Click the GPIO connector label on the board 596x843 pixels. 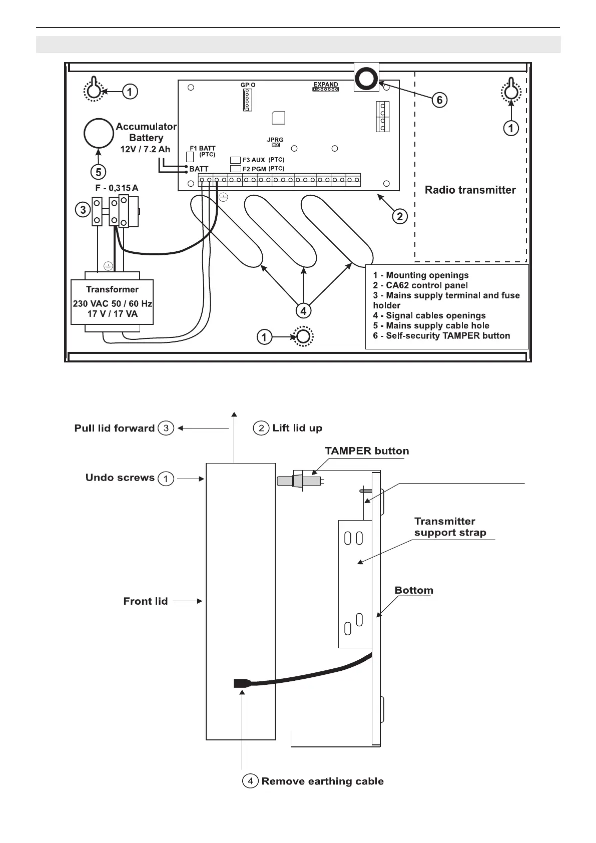click(x=248, y=85)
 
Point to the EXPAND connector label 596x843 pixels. click(x=325, y=85)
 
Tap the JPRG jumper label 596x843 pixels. click(x=275, y=140)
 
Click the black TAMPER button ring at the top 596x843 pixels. click(x=366, y=78)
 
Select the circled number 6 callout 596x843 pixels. click(x=439, y=100)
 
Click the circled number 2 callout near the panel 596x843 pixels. click(x=399, y=216)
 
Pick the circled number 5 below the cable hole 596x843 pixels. click(x=99, y=172)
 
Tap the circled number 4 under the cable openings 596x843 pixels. click(x=303, y=311)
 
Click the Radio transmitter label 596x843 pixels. click(x=470, y=190)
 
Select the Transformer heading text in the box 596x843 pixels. click(x=112, y=289)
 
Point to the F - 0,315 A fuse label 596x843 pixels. click(x=117, y=188)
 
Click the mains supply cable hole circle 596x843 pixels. click(x=99, y=134)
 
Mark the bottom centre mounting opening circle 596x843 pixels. click(x=302, y=336)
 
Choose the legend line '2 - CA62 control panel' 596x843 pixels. click(x=420, y=285)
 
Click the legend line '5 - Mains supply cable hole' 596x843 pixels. click(x=431, y=325)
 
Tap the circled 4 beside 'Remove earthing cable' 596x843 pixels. click(x=250, y=781)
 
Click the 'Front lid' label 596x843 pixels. click(x=145, y=601)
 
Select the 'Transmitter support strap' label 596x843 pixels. click(x=450, y=527)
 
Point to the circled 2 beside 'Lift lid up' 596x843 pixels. click(x=261, y=429)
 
